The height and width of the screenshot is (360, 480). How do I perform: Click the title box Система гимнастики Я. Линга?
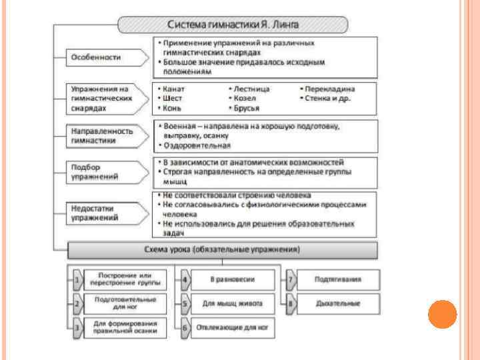233,25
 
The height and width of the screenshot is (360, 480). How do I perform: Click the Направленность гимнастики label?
103,136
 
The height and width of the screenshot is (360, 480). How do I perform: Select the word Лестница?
251,88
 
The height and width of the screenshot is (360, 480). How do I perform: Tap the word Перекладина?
330,88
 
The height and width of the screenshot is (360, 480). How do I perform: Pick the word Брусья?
246,108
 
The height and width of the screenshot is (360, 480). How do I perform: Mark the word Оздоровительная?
197,145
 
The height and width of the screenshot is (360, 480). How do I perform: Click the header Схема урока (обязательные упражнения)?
223,250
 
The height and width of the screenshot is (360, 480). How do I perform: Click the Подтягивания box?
338,279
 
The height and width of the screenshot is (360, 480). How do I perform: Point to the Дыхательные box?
338,304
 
